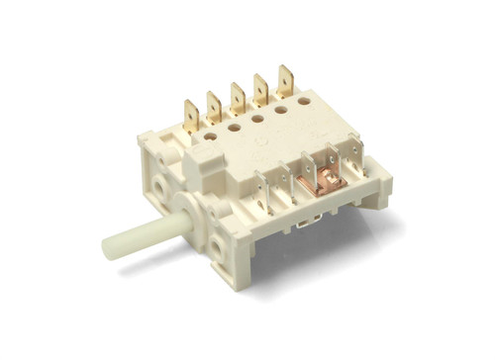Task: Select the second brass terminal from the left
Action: click(x=213, y=104)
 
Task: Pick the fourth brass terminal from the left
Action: click(x=262, y=89)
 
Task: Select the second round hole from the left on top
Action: click(x=233, y=127)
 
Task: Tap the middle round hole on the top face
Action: click(x=256, y=120)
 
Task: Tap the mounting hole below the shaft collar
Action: click(x=214, y=241)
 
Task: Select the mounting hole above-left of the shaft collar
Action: click(x=157, y=185)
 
